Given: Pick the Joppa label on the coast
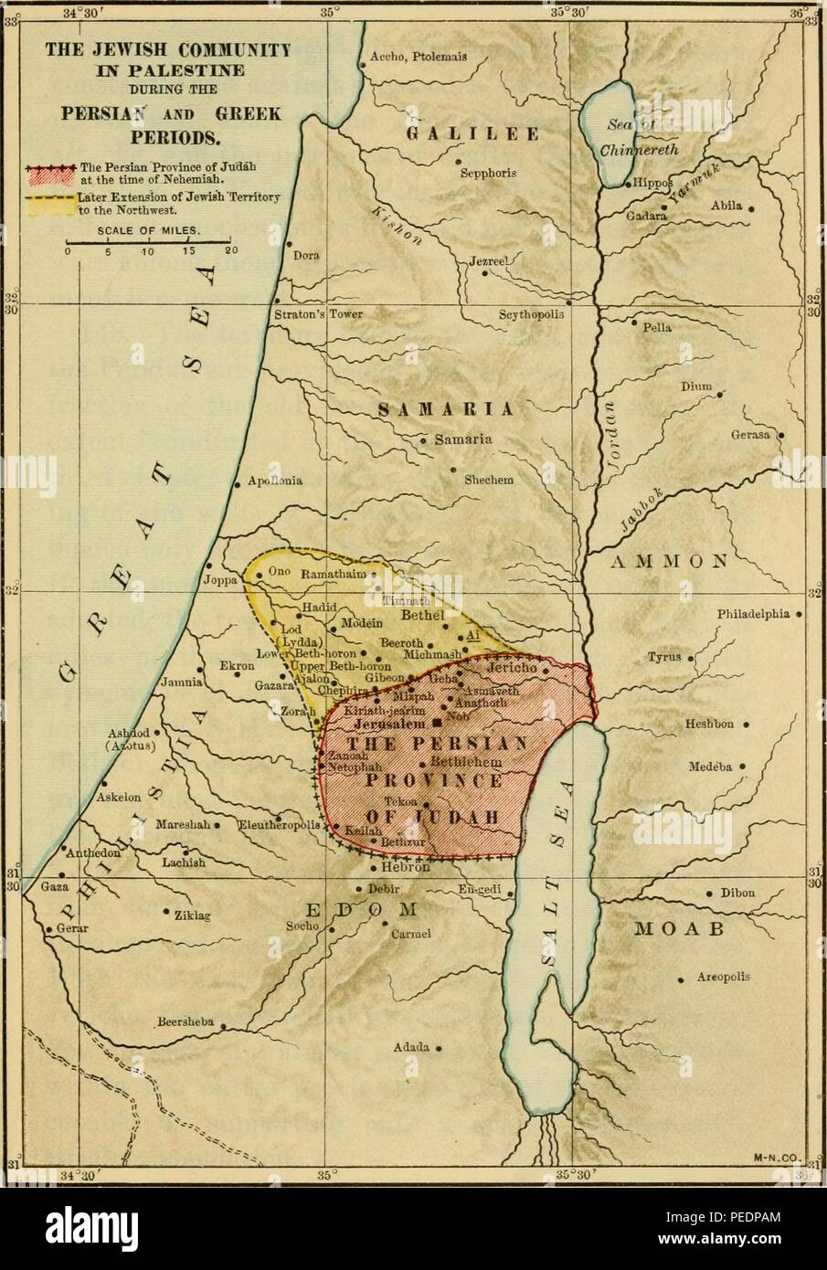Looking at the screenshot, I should click(x=220, y=579).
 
